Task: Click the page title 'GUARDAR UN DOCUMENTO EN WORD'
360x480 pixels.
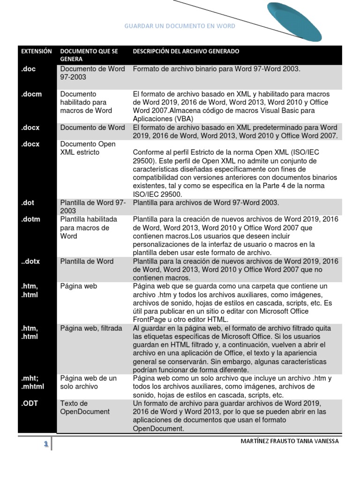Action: (180, 26)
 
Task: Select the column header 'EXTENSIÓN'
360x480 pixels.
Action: (37, 51)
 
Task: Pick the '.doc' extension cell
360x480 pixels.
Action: (28, 69)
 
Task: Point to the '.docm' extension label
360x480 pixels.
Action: (31, 94)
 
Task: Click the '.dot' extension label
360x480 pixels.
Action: (28, 203)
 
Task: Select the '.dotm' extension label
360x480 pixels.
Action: (30, 219)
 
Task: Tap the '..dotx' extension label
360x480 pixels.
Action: (30, 262)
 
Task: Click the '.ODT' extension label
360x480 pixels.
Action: (29, 403)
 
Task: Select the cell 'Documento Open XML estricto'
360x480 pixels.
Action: (88, 148)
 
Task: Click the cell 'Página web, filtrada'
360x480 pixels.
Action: (91, 328)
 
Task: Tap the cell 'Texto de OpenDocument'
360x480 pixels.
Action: (85, 407)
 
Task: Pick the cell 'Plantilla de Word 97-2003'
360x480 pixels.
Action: (93, 207)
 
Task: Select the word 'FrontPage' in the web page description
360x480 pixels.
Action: (149, 320)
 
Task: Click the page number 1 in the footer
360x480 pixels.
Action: (46, 444)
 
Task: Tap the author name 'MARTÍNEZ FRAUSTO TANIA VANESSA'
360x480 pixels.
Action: (289, 441)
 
